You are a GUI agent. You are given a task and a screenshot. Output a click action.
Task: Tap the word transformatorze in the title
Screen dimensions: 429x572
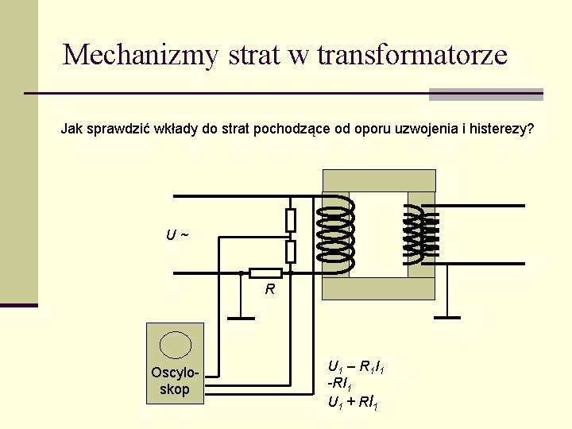(412, 55)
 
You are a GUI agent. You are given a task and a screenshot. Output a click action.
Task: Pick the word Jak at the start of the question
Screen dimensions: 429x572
(71, 128)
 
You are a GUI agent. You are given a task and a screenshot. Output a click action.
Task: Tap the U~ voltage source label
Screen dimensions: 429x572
(177, 236)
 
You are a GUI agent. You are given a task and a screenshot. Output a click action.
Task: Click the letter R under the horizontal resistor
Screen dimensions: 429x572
(270, 290)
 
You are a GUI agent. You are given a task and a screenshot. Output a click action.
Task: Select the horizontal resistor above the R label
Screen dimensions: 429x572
(265, 273)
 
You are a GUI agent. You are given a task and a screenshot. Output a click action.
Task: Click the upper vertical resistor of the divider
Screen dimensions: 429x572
(291, 219)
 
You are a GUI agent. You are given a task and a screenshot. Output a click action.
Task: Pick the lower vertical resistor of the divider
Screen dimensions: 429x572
(291, 251)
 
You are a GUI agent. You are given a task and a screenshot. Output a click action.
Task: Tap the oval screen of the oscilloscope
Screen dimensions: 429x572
(175, 345)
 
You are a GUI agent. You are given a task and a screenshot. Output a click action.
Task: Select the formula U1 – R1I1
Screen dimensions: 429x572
(357, 368)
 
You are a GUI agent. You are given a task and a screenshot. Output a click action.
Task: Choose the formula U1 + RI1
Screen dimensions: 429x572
(353, 403)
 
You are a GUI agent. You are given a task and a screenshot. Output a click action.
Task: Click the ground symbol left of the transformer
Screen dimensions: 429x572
(241, 317)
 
